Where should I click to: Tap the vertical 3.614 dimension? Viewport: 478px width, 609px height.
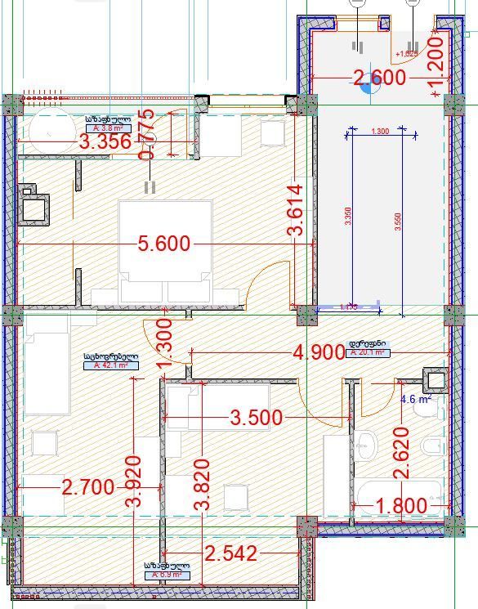click(295, 210)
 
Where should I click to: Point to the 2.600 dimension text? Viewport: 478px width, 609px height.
click(378, 78)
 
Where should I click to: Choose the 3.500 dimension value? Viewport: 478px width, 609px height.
click(257, 419)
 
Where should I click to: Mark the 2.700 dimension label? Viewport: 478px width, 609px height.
click(87, 488)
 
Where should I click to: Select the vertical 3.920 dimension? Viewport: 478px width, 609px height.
click(136, 482)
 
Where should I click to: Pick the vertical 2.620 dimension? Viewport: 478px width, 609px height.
click(400, 454)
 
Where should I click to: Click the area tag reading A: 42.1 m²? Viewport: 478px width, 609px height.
click(110, 366)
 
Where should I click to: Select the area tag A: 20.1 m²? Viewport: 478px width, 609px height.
click(369, 353)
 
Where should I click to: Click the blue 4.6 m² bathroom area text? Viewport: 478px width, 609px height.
click(413, 400)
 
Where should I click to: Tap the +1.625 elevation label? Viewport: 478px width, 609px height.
click(406, 54)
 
